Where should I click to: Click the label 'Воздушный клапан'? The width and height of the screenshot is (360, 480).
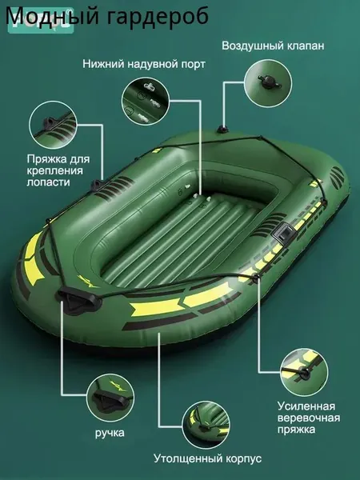(273, 46)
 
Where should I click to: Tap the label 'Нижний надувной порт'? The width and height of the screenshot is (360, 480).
(144, 64)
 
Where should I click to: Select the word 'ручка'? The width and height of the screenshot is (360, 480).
(110, 433)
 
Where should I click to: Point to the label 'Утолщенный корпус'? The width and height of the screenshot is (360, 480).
(207, 458)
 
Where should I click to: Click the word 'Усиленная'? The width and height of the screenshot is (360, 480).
(306, 406)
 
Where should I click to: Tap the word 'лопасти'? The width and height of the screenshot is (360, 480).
(48, 182)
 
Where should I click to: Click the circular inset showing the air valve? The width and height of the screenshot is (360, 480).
(268, 83)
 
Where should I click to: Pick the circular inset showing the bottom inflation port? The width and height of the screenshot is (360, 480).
(146, 102)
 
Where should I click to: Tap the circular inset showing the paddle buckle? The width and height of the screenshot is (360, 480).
(54, 125)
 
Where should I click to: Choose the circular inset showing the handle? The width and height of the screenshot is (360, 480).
(110, 398)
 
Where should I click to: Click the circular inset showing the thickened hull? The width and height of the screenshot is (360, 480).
(206, 425)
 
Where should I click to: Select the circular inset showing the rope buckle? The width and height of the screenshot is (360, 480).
(304, 371)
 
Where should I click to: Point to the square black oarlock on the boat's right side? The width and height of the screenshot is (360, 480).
(284, 233)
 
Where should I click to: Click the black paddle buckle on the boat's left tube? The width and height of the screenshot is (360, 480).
(98, 186)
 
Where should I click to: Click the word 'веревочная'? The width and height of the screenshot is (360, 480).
(309, 418)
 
